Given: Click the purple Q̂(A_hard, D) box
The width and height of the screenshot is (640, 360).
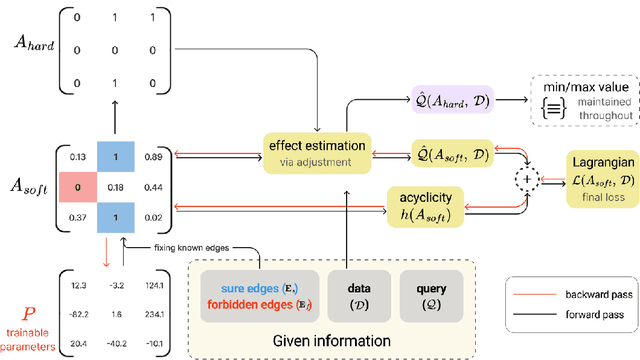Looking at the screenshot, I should pyautogui.click(x=450, y=104).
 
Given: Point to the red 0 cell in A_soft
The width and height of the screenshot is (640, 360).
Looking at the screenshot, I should pyautogui.click(x=78, y=185).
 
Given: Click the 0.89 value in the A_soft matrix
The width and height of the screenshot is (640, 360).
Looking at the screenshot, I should pyautogui.click(x=154, y=157).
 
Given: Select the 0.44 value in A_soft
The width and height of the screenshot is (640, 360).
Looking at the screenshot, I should pyautogui.click(x=154, y=186).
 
